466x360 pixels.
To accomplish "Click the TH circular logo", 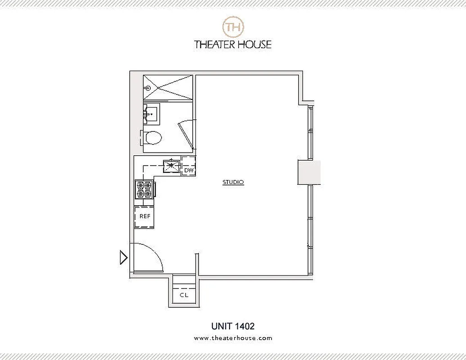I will (x=233, y=27).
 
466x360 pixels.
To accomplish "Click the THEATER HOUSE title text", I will (x=233, y=44).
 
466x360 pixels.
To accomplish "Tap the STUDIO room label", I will (x=233, y=182).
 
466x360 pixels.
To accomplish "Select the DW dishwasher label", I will (x=189, y=171).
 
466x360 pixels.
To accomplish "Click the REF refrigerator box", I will (x=144, y=217).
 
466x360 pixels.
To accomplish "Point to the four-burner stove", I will (x=144, y=189).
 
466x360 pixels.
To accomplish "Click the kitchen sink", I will (x=171, y=165).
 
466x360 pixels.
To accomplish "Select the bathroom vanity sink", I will (x=151, y=114).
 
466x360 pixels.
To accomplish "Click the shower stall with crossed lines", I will (x=168, y=87).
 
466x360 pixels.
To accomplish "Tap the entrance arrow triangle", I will (x=123, y=258).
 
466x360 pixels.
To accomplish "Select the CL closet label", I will (x=184, y=295).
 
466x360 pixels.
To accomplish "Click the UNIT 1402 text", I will (x=233, y=326).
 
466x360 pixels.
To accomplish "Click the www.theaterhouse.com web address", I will (x=233, y=338).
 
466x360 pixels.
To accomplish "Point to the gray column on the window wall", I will (x=309, y=172).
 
